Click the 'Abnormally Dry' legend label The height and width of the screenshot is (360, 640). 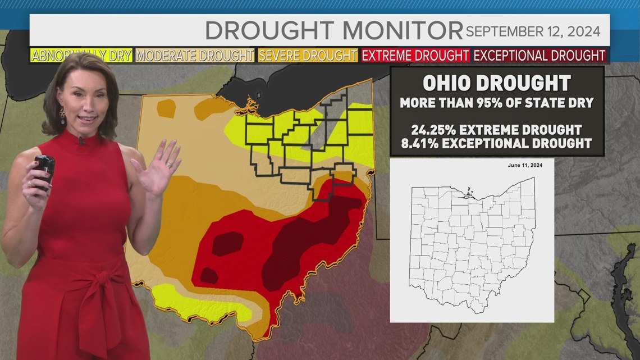point(81,56)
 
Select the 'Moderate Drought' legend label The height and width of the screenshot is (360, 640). point(195,56)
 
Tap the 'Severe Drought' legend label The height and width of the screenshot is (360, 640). point(308,56)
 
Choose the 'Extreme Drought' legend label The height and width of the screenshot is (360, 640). point(415,56)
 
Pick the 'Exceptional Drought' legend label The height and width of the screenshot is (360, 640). point(540,56)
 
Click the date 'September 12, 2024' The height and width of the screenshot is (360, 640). point(533,31)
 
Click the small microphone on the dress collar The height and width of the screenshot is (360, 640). point(82,140)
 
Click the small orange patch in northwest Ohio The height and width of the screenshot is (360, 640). point(166,108)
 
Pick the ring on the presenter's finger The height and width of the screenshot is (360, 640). point(29,184)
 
